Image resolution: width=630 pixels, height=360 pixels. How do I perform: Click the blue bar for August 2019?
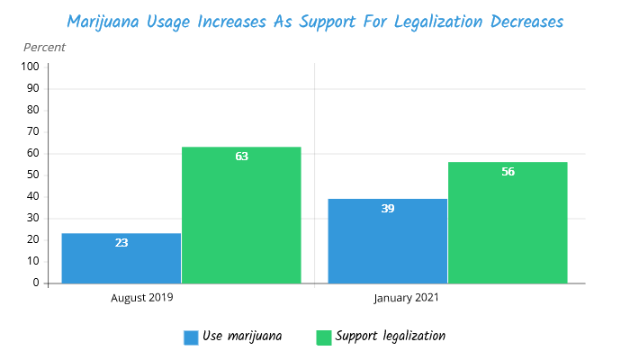[121, 258]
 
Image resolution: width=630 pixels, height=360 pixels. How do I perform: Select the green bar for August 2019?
[241, 216]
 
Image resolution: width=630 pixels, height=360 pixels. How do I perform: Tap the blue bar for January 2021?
[387, 241]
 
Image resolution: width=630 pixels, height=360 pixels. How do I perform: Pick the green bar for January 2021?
[508, 223]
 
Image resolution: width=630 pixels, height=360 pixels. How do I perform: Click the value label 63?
[241, 157]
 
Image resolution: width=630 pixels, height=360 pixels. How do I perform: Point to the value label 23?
[121, 243]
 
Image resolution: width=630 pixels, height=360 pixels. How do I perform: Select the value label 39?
[387, 209]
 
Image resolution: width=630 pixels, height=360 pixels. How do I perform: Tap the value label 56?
[508, 172]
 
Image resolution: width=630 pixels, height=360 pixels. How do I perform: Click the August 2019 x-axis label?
[142, 297]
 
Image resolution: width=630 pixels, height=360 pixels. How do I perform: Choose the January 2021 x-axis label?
[407, 297]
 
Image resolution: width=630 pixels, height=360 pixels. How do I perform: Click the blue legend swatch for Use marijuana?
[191, 337]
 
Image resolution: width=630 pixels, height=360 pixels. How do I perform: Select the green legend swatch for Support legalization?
[324, 337]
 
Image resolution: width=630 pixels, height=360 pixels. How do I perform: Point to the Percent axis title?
[45, 47]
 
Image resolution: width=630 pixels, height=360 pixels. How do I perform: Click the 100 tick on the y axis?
[30, 67]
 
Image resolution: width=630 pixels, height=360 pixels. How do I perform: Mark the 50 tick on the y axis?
[32, 175]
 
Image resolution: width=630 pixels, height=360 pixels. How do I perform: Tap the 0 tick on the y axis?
[35, 283]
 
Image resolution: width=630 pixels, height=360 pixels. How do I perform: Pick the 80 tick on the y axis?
[32, 110]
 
